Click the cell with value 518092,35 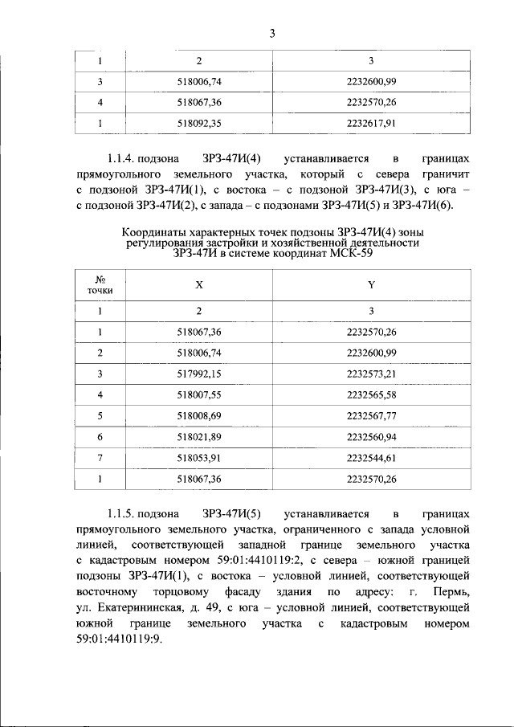pos(198,123)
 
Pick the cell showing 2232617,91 pos(372,123)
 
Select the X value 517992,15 pos(198,374)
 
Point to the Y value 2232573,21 pos(372,374)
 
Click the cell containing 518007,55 pos(198,394)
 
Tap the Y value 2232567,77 pos(372,416)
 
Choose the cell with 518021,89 pos(198,437)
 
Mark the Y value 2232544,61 pos(372,458)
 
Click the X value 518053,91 pos(198,458)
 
